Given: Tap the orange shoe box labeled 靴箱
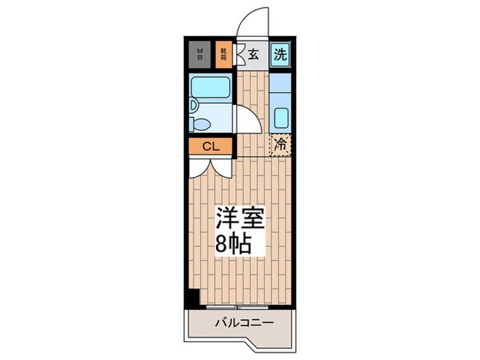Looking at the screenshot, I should (224, 54).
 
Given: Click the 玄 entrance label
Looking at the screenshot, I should (253, 55).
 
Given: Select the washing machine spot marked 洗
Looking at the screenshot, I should (280, 54).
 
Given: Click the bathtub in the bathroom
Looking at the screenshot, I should (211, 87).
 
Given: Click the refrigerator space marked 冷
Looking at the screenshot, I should (280, 145).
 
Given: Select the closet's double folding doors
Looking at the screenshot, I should (211, 167).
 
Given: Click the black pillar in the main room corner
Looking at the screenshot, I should (194, 298).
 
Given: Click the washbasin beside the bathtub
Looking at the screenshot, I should (193, 105).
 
